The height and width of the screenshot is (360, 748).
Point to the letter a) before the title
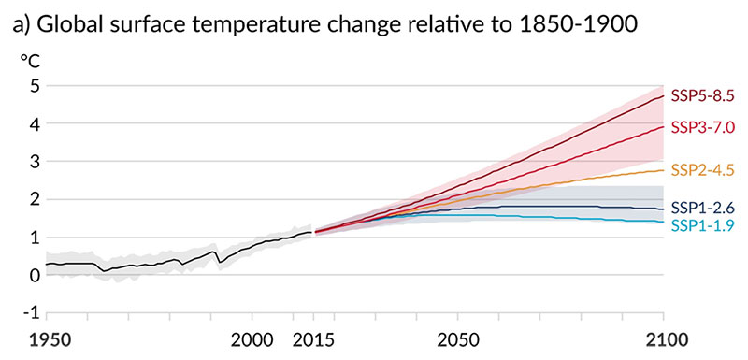coord(23,25)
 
